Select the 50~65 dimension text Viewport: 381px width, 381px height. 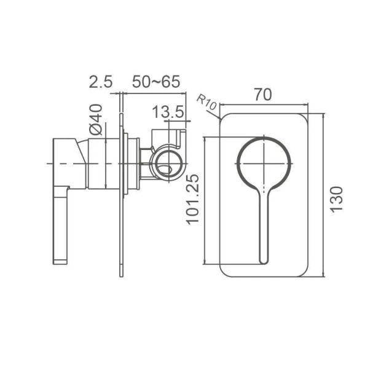(x=156, y=81)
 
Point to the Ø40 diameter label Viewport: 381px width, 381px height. (x=95, y=120)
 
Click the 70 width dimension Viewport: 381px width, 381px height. (x=263, y=95)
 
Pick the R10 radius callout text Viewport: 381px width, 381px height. (x=206, y=102)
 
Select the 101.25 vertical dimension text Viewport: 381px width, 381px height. (x=192, y=200)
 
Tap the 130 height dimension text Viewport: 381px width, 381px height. (x=337, y=200)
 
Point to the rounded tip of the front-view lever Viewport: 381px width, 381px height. (x=264, y=261)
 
